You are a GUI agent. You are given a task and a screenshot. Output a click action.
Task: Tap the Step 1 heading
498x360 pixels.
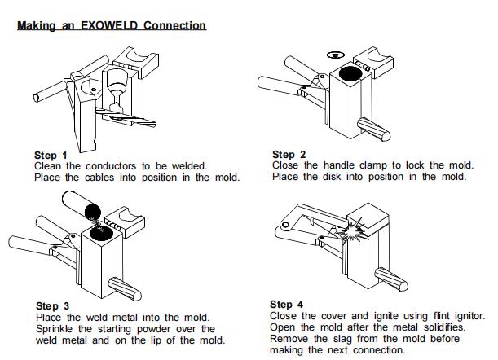pyautogui.click(x=51, y=155)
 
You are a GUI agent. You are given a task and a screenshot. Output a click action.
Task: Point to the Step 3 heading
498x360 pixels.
pyautogui.click(x=51, y=306)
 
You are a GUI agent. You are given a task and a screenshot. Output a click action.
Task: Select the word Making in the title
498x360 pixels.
pyautogui.click(x=36, y=25)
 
